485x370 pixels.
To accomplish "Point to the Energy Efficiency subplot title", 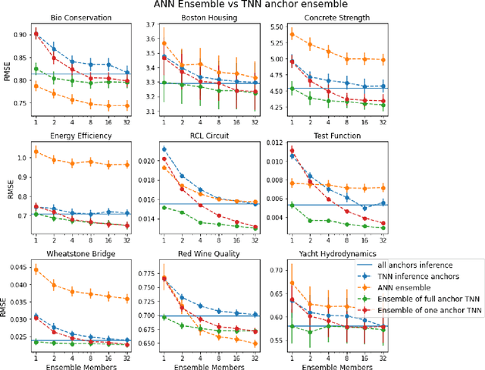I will pos(80,136).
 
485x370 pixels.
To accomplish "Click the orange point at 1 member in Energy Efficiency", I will pos(36,152).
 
